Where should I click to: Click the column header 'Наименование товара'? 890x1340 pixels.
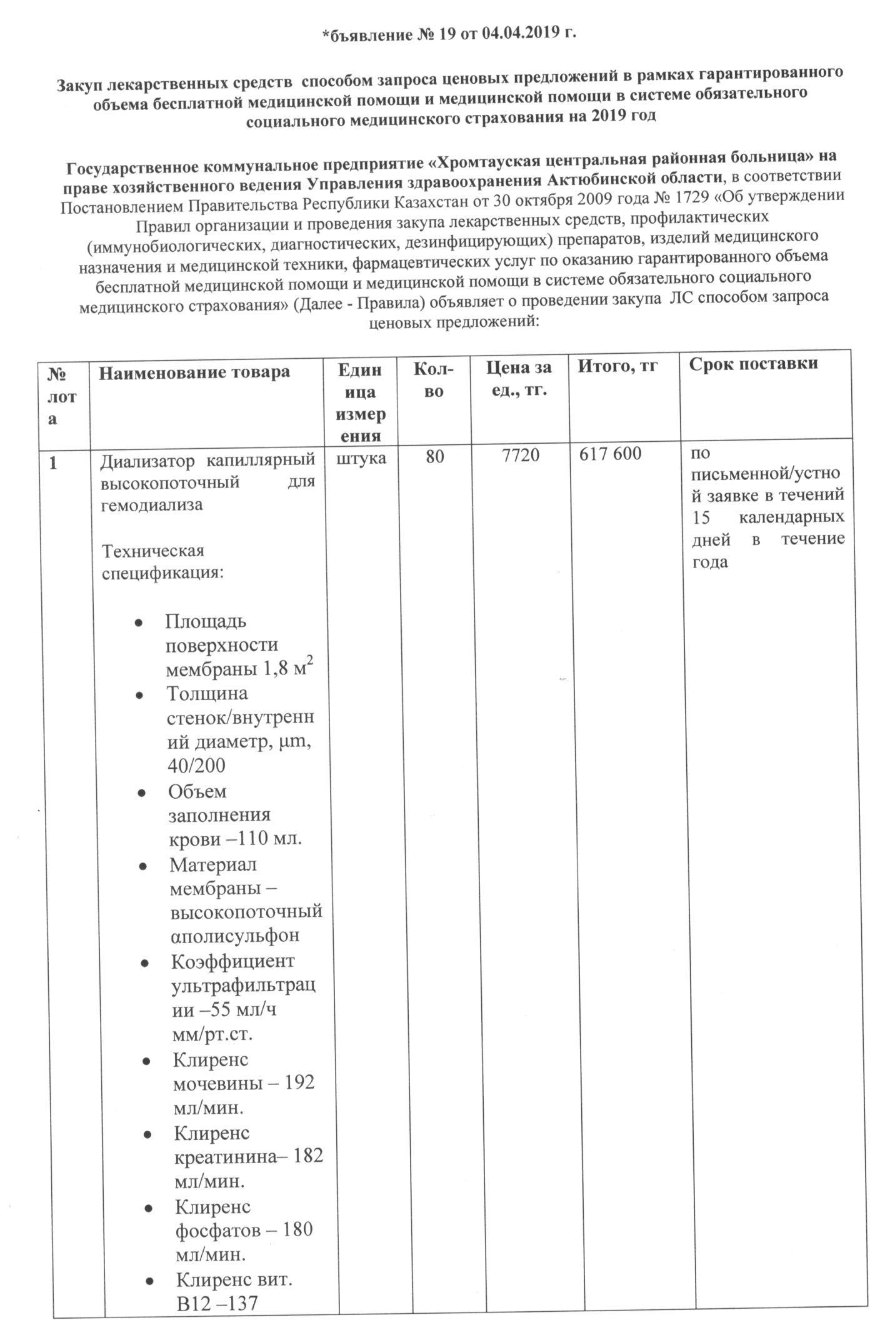pos(194,372)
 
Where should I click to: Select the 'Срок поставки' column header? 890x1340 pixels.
pos(753,364)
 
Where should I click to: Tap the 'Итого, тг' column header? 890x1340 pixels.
pos(617,366)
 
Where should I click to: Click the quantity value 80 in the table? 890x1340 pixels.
pos(434,457)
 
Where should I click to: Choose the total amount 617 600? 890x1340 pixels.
pos(610,454)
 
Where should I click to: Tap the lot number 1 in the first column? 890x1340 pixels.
pos(54,463)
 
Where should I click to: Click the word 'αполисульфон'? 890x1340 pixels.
pos(235,936)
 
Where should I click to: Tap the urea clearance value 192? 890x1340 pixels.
pos(299,1082)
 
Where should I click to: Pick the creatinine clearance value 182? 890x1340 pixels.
pos(307,1156)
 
